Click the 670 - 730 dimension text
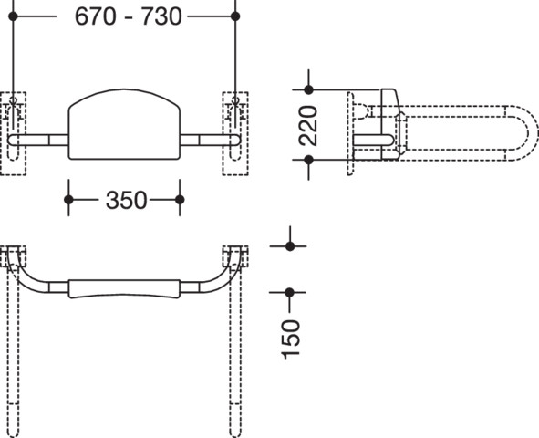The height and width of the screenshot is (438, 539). (128, 16)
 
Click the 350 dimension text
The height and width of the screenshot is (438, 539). (126, 200)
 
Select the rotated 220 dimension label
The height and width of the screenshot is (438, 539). (308, 126)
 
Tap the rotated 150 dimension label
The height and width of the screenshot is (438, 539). (290, 339)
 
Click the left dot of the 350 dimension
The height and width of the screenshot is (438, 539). (68, 200)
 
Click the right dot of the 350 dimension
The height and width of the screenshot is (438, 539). (180, 200)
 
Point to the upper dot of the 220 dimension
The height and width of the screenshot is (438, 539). (308, 89)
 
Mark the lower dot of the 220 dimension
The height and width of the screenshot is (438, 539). (308, 160)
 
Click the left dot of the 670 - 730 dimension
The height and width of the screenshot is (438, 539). (13, 16)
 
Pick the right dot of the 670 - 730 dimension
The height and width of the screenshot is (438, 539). (235, 16)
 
